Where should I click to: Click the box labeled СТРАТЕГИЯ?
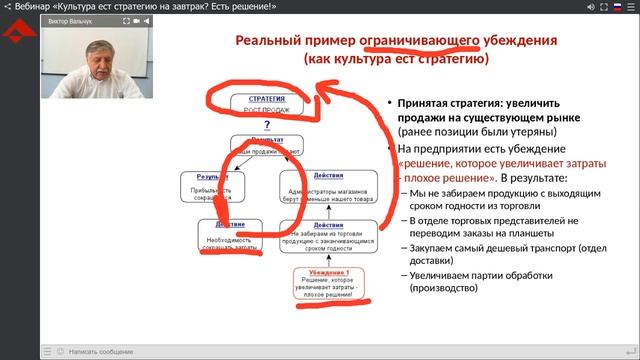click(x=257, y=105)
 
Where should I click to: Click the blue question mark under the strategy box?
click(x=267, y=126)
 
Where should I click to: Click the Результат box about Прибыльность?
click(x=212, y=184)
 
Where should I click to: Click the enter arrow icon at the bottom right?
click(x=628, y=351)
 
